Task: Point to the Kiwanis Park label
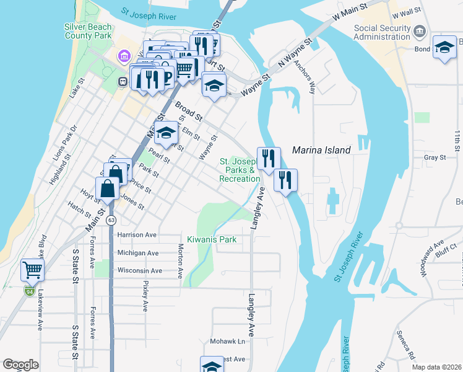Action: click(x=212, y=239)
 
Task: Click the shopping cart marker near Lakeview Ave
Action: click(x=33, y=270)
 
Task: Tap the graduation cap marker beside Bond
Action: click(x=444, y=48)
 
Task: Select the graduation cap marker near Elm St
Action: click(x=166, y=133)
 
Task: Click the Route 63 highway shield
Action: click(x=111, y=220)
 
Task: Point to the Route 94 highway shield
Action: click(x=29, y=290)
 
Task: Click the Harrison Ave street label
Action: click(x=137, y=236)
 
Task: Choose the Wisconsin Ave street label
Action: click(x=139, y=271)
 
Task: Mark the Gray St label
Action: click(x=435, y=158)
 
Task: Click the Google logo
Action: click(x=20, y=365)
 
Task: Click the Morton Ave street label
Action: click(x=181, y=260)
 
